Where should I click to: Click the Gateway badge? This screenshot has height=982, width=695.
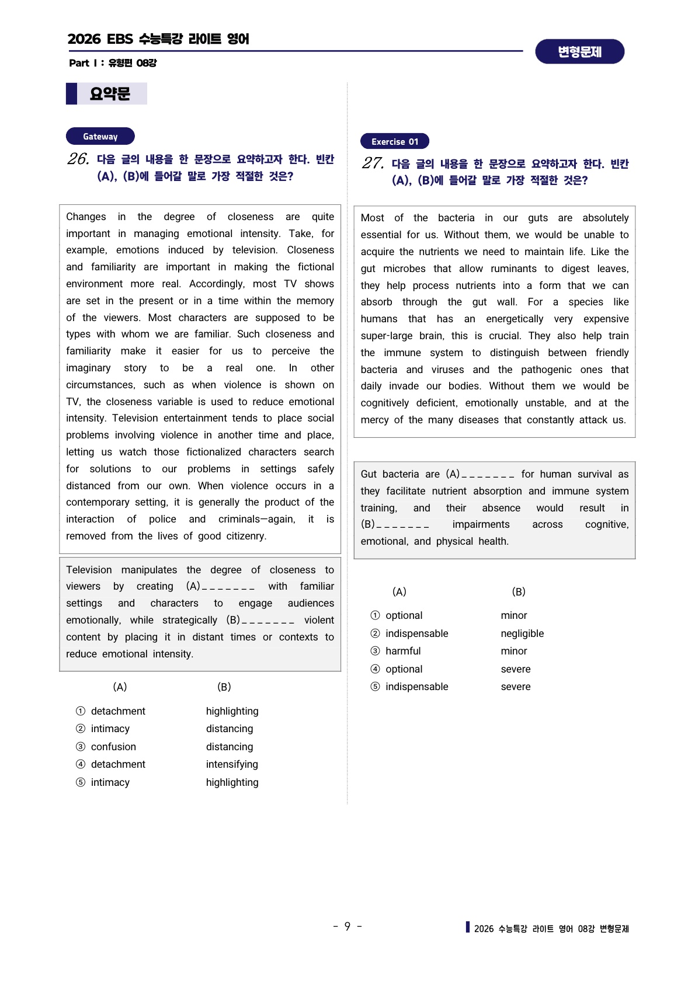pyautogui.click(x=100, y=137)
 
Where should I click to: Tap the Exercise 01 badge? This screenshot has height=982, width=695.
pyautogui.click(x=395, y=141)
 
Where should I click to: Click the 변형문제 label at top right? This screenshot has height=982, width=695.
pyautogui.click(x=579, y=52)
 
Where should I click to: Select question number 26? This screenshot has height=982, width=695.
pyautogui.click(x=78, y=159)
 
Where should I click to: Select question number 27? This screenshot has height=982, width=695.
pyautogui.click(x=373, y=163)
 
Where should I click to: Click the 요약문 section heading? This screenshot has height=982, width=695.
pyautogui.click(x=110, y=94)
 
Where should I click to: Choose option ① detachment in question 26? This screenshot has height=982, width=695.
pyautogui.click(x=110, y=711)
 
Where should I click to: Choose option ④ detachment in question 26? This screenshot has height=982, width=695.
pyautogui.click(x=110, y=764)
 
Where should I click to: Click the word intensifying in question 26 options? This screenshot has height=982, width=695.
pyautogui.click(x=232, y=764)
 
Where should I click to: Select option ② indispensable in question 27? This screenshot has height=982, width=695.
pyautogui.click(x=409, y=633)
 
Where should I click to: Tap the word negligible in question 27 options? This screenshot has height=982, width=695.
pyautogui.click(x=522, y=633)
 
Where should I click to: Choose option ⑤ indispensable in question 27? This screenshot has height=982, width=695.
pyautogui.click(x=409, y=687)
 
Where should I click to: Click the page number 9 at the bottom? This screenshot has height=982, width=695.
pyautogui.click(x=347, y=927)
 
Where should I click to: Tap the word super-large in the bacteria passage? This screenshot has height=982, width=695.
pyautogui.click(x=387, y=336)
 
